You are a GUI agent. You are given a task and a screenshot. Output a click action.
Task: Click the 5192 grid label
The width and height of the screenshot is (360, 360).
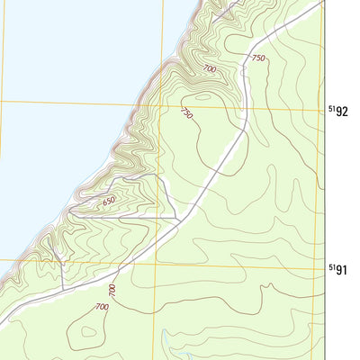(337, 112)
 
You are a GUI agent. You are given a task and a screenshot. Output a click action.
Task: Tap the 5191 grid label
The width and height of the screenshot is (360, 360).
(337, 269)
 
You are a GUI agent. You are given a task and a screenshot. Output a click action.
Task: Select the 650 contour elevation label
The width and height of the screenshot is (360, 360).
(109, 202)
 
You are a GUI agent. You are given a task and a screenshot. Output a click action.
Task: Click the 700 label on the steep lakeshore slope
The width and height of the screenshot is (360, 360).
(210, 69)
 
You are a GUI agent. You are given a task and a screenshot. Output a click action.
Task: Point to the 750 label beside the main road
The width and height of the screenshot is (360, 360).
(258, 58)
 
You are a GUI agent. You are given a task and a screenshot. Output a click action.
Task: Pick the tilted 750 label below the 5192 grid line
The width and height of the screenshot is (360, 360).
(187, 114)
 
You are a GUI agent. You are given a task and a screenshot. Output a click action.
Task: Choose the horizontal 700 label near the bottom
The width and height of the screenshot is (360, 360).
(100, 308)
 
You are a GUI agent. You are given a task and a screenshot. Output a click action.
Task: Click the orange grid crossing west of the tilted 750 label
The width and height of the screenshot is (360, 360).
(159, 106)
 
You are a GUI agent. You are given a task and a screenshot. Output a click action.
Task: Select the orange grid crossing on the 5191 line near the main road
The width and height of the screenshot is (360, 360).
(157, 263)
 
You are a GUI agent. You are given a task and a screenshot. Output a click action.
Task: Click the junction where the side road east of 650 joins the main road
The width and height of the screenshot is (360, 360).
(180, 218)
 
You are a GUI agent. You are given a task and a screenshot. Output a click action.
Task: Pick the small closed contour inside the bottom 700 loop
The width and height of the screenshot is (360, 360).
(87, 335)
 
